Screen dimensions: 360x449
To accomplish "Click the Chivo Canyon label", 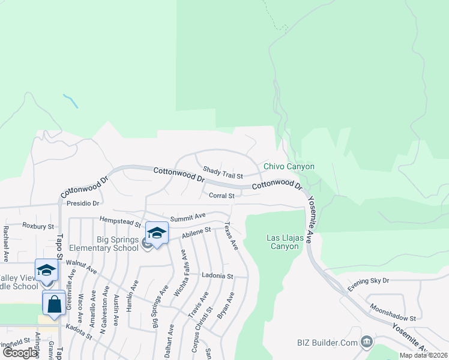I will tap(289, 166).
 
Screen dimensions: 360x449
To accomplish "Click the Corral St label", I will tap(221, 196).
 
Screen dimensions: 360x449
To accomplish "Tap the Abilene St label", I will tap(197, 232).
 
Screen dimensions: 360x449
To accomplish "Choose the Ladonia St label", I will tap(217, 275).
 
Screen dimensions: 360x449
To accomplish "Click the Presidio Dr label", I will tap(83, 203).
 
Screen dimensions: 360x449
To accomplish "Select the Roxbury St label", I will tap(38, 226).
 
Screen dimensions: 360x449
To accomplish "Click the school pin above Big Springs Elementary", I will tap(157, 233).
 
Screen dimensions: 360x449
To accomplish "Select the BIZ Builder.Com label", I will tap(328, 343).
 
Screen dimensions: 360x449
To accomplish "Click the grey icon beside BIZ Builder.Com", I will tap(366, 343).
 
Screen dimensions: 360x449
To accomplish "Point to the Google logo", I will tap(20, 353).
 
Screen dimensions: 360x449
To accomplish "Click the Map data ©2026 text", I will tap(423, 355).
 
